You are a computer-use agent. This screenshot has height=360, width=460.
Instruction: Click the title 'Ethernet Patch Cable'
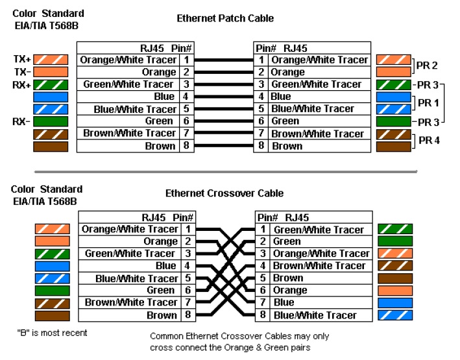click(x=225, y=19)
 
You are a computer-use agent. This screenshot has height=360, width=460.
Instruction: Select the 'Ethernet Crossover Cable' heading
click(x=224, y=193)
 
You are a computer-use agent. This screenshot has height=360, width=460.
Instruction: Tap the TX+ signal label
click(x=22, y=59)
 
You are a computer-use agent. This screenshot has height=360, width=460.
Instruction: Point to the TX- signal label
click(x=22, y=71)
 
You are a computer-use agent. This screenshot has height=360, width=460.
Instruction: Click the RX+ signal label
click(x=22, y=84)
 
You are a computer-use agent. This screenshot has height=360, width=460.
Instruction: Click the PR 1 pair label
click(x=428, y=102)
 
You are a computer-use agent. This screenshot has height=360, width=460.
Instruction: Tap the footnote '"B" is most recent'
click(x=52, y=333)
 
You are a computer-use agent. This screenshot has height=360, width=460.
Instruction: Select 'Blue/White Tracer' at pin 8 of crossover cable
click(x=315, y=315)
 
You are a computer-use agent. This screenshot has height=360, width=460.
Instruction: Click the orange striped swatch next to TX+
click(x=50, y=60)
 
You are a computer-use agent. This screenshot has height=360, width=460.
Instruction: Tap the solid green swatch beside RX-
click(x=50, y=121)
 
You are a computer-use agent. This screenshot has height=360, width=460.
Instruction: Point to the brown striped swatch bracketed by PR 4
click(x=393, y=134)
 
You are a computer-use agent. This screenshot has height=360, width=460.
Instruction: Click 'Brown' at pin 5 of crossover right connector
click(x=288, y=278)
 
